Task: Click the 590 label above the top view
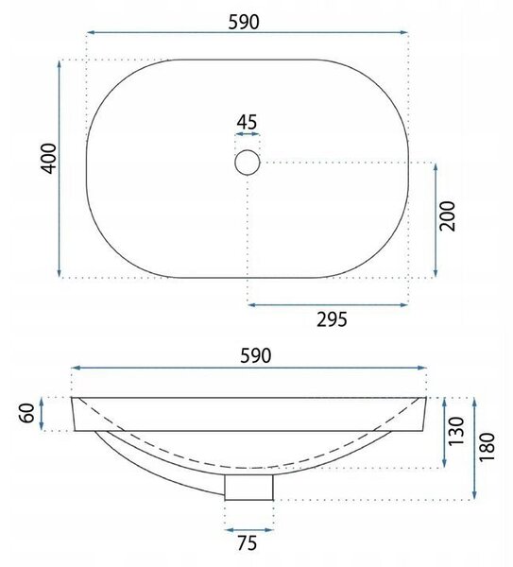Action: pos(244,22)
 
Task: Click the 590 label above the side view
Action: pos(256,356)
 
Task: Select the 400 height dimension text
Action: pos(49,159)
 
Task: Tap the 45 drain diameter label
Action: pos(247,122)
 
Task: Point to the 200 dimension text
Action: pos(447,216)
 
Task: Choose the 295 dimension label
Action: pos(332,319)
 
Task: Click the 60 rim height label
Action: pos(27,413)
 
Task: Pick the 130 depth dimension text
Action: pos(456,432)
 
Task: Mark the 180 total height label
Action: pos(487,447)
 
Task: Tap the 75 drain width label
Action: pos(248,543)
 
